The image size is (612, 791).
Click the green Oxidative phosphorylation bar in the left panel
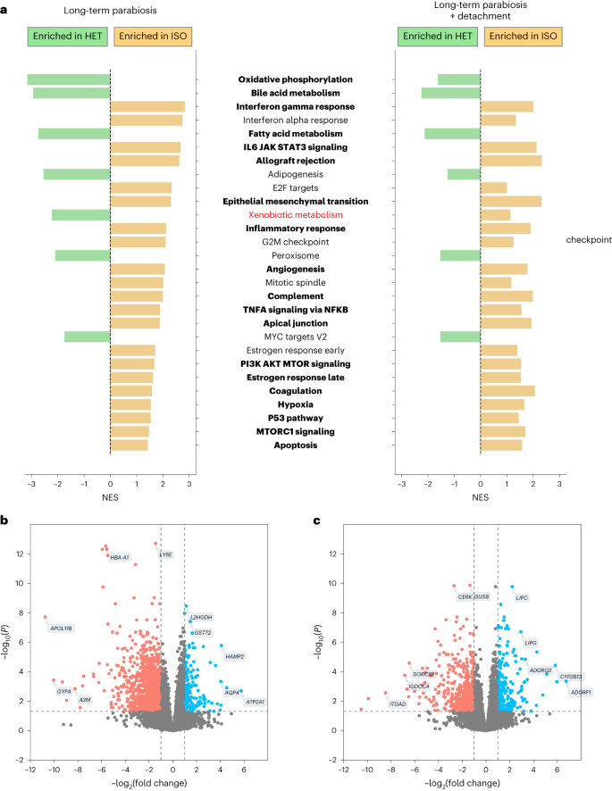[69, 79]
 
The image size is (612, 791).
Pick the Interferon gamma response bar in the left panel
[147, 107]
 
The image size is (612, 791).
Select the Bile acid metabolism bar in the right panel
[451, 93]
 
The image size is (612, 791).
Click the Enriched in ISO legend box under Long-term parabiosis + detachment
[521, 37]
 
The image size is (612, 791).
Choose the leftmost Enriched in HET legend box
[69, 37]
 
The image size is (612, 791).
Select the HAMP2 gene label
[235, 656]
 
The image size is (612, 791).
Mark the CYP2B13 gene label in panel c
[571, 677]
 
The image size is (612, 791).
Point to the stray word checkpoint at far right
[587, 240]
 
